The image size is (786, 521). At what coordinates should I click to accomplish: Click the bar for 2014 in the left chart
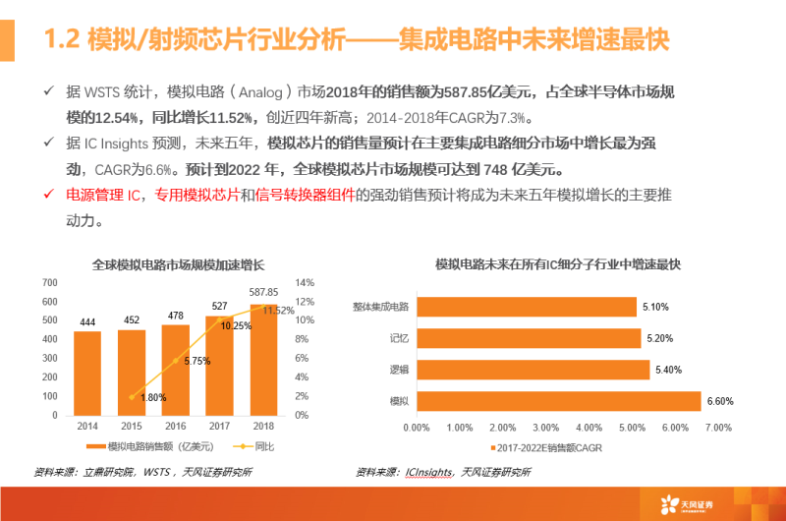coord(87,373)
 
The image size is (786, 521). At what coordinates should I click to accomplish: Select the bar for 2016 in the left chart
coord(175,369)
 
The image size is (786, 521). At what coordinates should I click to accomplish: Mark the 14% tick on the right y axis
coord(304,283)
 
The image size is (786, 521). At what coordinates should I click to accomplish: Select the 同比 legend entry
coord(256,445)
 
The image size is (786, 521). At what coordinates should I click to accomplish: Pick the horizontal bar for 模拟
coord(558,401)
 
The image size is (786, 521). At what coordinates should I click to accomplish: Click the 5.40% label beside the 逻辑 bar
coord(668,370)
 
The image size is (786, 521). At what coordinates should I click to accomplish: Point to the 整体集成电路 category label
coord(385,307)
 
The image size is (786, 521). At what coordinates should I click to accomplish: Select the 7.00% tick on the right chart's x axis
coord(719,428)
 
